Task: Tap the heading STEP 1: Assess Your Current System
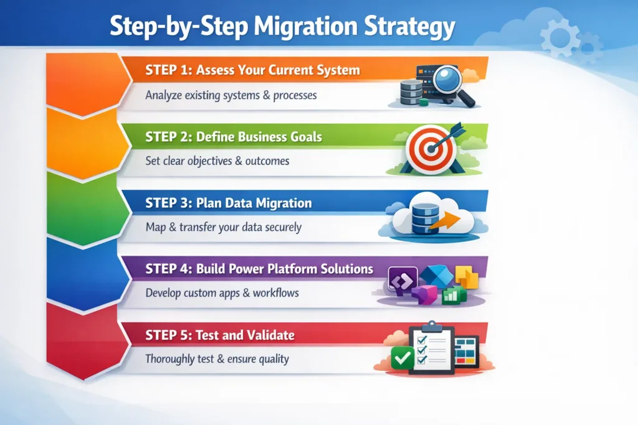click(x=252, y=70)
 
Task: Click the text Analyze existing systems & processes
click(x=231, y=96)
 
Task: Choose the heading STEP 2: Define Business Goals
click(x=234, y=136)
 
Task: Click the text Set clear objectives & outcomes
click(x=217, y=161)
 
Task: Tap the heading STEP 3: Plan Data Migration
click(x=228, y=203)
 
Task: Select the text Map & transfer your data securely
click(x=223, y=227)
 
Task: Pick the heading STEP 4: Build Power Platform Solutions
click(x=259, y=269)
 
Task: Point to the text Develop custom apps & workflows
click(x=222, y=292)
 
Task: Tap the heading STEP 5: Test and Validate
click(x=220, y=335)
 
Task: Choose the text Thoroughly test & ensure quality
click(x=217, y=359)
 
